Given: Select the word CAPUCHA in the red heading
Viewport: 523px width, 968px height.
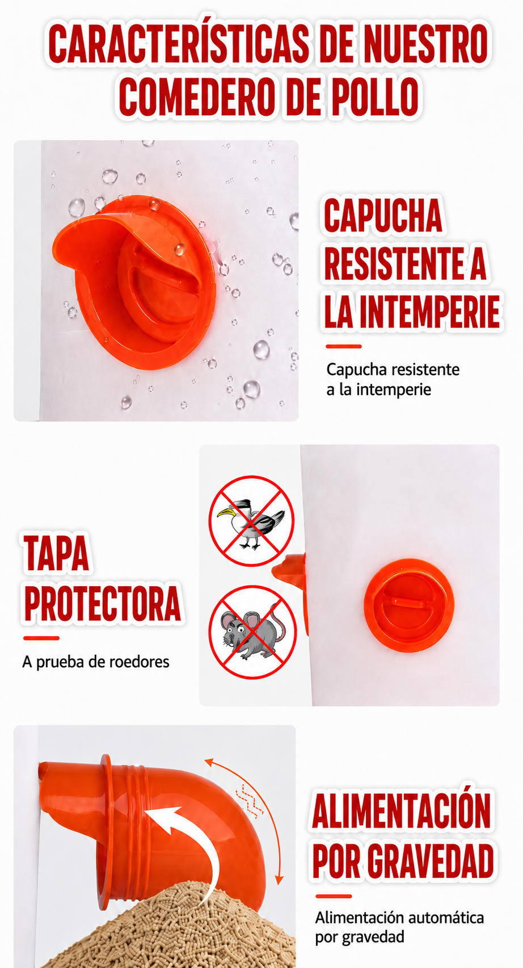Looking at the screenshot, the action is pos(383,215).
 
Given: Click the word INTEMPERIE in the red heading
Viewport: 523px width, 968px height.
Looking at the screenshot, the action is pos(430,311).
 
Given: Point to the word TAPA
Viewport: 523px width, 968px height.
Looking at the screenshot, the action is pos(56,553).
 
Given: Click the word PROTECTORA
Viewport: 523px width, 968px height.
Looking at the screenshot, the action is pos(102,603).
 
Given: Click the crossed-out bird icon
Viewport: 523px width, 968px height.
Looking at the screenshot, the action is pos(251,520).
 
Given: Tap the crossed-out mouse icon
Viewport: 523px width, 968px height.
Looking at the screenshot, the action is pos(252,632).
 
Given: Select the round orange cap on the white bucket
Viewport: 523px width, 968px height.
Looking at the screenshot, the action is pos(408,604).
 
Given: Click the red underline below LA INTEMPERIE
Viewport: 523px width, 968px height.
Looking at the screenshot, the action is pos(343,346).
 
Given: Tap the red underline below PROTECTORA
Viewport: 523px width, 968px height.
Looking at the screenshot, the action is pos(41,638).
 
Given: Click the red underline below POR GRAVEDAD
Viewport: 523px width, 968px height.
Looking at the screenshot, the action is pos(334,897).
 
